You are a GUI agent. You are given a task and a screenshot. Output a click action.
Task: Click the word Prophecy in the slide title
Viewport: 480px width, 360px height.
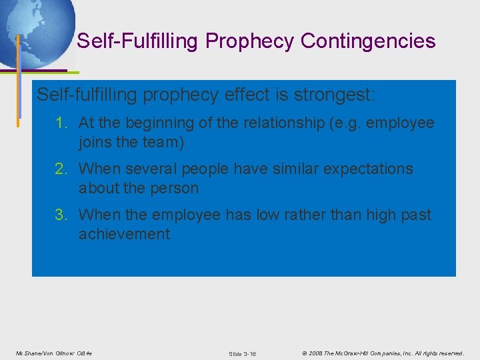[x=250, y=41]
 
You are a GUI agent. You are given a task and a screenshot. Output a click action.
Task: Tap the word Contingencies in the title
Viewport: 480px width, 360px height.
[x=368, y=41]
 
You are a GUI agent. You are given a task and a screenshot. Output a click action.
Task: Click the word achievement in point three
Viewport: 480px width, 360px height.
[x=124, y=234]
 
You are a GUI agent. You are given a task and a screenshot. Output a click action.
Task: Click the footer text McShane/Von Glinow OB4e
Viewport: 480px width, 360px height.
[x=55, y=353]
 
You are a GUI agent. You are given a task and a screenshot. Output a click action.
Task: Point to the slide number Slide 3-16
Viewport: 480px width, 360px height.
[x=242, y=353]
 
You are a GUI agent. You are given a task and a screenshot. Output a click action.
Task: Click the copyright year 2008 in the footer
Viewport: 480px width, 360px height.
[x=317, y=353]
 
